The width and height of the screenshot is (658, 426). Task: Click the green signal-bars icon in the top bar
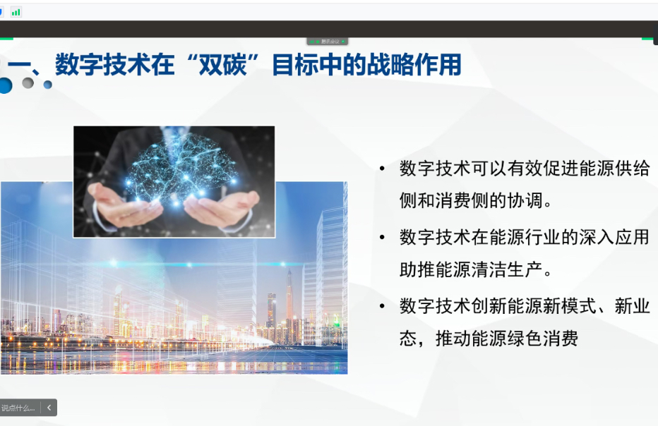click(16, 12)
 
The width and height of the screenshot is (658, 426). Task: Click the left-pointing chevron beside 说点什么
click(49, 408)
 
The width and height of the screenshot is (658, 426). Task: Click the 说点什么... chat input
click(18, 408)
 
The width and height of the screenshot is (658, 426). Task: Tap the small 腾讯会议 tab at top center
click(328, 42)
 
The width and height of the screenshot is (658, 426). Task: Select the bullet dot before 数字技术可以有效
click(382, 169)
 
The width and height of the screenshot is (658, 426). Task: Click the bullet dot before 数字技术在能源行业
click(382, 238)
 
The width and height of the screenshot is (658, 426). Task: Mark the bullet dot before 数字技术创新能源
click(382, 306)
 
